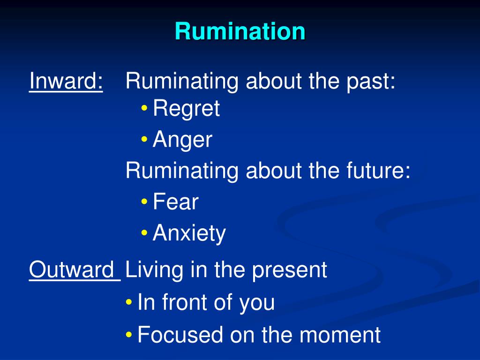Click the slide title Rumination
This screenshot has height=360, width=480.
240,31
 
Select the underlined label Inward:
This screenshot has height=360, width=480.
66,82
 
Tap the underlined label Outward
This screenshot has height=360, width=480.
74,270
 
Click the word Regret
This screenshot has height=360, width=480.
186,109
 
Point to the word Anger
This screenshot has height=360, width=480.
182,140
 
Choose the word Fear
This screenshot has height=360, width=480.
176,202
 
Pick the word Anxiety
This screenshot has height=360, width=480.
189,233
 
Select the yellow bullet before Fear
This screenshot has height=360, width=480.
144,202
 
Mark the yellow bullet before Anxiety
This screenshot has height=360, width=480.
144,233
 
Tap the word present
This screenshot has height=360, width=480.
289,270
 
